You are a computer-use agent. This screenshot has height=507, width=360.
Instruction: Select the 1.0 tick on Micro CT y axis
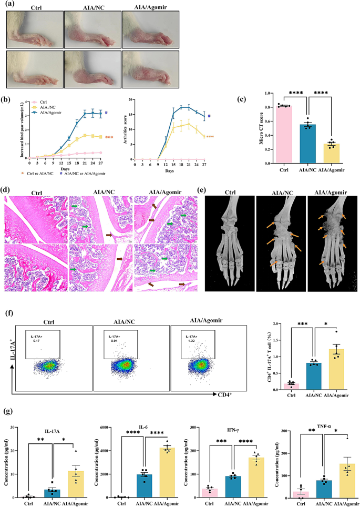(267, 93)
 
